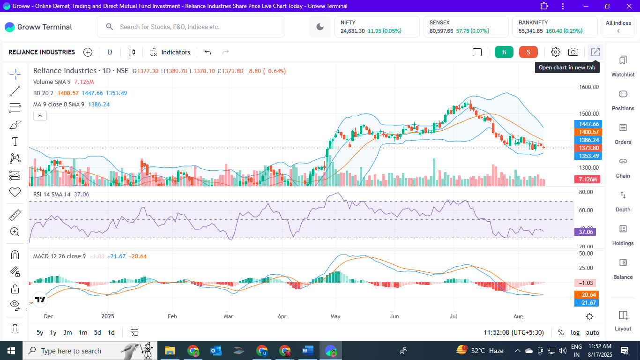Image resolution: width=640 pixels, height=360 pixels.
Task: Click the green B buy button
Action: click(x=504, y=52)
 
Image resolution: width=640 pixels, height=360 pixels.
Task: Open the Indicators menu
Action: click(x=171, y=52)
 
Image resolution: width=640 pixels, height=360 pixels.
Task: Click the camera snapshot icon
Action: click(x=573, y=52)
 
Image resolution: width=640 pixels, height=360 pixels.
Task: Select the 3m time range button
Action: click(x=67, y=332)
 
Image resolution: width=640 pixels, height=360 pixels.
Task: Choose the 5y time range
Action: click(x=40, y=332)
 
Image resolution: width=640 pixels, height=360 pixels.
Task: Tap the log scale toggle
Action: click(x=575, y=332)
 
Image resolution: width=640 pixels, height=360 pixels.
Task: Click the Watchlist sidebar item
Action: click(x=623, y=66)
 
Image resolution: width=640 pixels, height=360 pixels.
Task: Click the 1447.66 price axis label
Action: click(x=588, y=124)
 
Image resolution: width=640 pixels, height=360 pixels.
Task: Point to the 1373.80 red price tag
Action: click(x=588, y=148)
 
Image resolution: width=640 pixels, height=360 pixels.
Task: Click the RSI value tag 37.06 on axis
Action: click(x=586, y=232)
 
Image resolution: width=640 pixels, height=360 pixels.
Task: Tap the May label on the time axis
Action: click(x=335, y=316)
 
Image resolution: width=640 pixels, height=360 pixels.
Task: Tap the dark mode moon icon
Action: click(x=320, y=27)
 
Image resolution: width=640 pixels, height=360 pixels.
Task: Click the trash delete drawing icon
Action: click(x=15, y=329)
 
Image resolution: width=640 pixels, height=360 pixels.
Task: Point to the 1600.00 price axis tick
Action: click(x=588, y=87)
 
